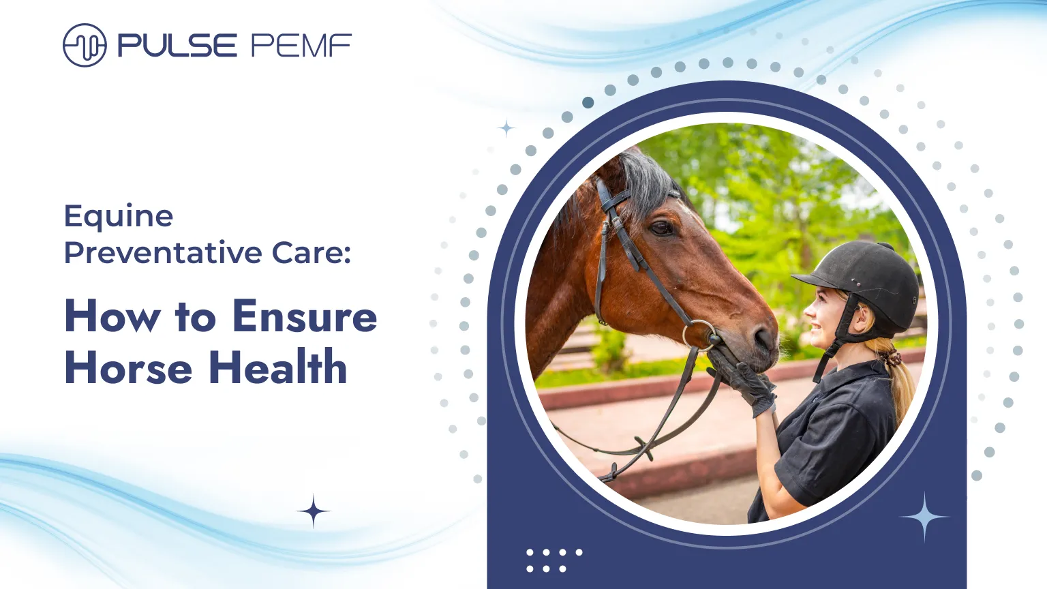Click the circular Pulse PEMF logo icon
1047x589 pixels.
[85, 46]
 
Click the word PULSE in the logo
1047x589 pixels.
[177, 46]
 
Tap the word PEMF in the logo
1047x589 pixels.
[301, 46]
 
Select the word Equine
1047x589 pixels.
[119, 217]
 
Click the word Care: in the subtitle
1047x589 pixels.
[312, 253]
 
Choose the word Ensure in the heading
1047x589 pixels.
[304, 317]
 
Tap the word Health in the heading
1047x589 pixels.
[277, 367]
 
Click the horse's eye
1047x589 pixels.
[661, 228]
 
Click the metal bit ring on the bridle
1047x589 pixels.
[699, 335]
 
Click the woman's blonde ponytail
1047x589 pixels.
[900, 382]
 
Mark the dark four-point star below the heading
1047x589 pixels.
[314, 511]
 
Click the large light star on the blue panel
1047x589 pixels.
[924, 517]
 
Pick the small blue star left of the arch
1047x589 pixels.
[506, 128]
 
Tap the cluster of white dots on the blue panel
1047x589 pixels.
[553, 560]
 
